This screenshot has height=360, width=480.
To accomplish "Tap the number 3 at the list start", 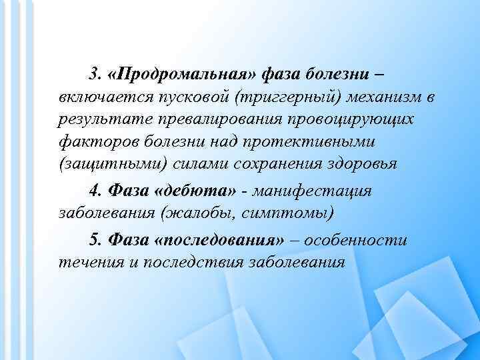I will coord(93,72).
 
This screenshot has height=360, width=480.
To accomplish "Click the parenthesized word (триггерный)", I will coord(287,99).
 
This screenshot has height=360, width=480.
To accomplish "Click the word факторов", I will coord(91,141).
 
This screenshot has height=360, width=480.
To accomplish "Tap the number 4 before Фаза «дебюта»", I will coord(93,191).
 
